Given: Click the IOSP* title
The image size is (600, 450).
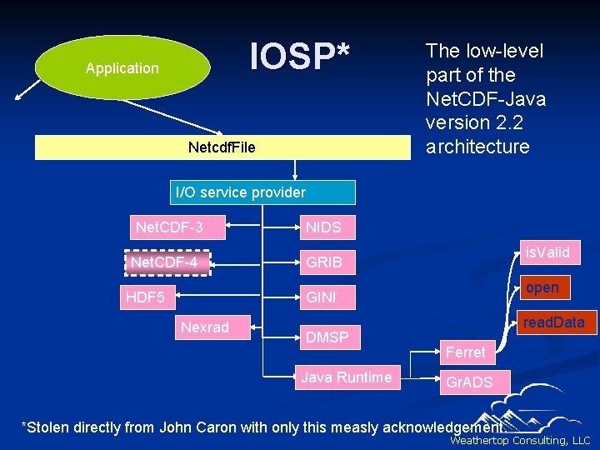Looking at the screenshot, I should [x=299, y=57].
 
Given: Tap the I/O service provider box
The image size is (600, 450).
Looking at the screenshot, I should [x=262, y=192].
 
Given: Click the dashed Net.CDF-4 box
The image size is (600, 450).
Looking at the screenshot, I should [x=168, y=262].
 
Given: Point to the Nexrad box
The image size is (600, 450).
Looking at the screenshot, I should [x=204, y=327].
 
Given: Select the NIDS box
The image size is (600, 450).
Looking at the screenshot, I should [x=324, y=227].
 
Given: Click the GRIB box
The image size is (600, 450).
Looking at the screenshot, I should [x=324, y=262].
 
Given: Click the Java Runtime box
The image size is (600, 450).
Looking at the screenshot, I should [x=347, y=377].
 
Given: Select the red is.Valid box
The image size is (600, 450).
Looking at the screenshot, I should [x=547, y=252].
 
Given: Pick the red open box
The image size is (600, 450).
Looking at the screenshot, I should [x=542, y=287].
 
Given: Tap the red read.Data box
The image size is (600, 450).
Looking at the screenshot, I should [x=553, y=322].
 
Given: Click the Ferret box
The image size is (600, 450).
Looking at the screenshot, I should [x=465, y=352].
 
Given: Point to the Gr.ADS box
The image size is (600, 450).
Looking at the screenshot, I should [x=470, y=382].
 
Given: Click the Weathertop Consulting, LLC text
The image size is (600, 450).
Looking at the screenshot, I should [x=519, y=441].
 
